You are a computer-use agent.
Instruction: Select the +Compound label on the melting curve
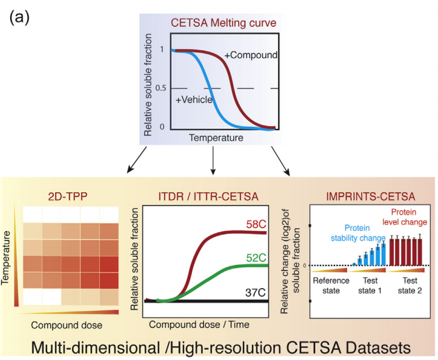tap(251, 55)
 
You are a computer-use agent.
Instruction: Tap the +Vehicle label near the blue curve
tap(194, 99)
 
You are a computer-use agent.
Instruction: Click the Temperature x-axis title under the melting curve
tap(216, 138)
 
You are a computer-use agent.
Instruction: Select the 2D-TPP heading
tap(68, 194)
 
